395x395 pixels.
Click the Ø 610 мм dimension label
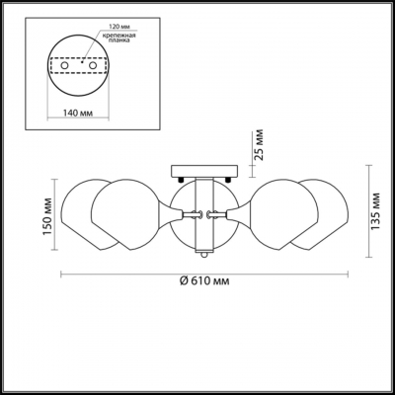206,282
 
